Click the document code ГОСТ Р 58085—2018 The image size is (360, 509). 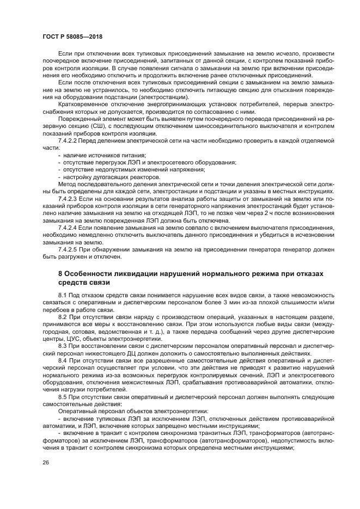(x=72, y=36)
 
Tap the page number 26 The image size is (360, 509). (x=45, y=462)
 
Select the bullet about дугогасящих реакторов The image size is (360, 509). (x=113, y=176)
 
